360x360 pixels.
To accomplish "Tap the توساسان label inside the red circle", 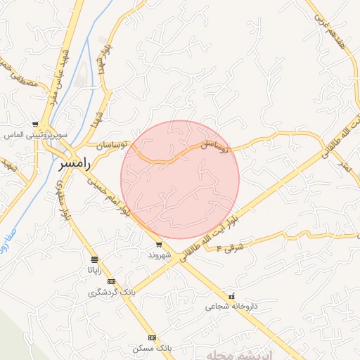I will tap(216, 146).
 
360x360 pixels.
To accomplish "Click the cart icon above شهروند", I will tap(159, 245).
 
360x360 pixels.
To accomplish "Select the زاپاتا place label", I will tap(95, 269).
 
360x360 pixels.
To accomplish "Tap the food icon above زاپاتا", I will tap(95, 259).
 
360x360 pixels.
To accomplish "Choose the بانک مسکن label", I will tap(151, 349).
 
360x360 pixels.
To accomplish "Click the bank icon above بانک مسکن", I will tap(152, 338).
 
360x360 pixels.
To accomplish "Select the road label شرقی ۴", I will tap(229, 247).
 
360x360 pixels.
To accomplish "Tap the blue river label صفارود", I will tap(8, 250).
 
